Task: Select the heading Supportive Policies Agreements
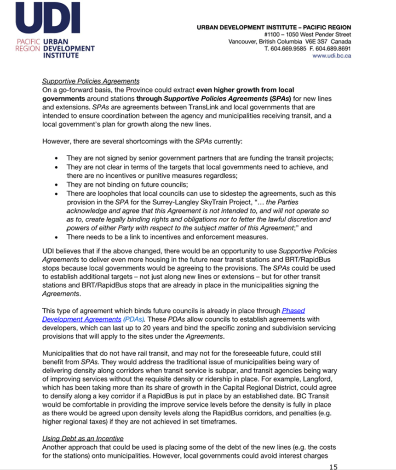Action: pyautogui.click(x=91, y=82)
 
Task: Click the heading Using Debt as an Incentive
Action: pyautogui.click(x=83, y=438)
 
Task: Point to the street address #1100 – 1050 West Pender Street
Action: pyautogui.click(x=308, y=34)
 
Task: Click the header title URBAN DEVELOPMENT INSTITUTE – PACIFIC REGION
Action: pyautogui.click(x=274, y=27)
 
